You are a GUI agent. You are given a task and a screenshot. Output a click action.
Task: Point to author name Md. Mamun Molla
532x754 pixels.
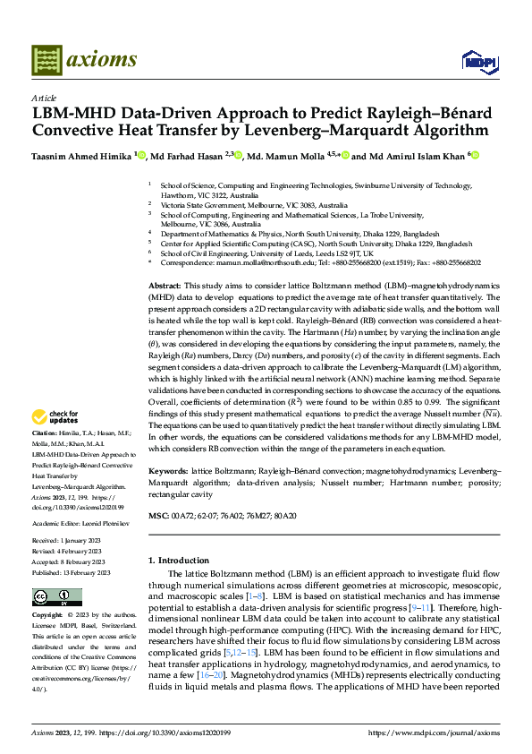pos(283,155)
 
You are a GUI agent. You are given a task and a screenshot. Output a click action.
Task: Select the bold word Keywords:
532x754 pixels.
pos(169,470)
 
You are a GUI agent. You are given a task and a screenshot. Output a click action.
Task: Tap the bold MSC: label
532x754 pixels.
pos(158,517)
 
